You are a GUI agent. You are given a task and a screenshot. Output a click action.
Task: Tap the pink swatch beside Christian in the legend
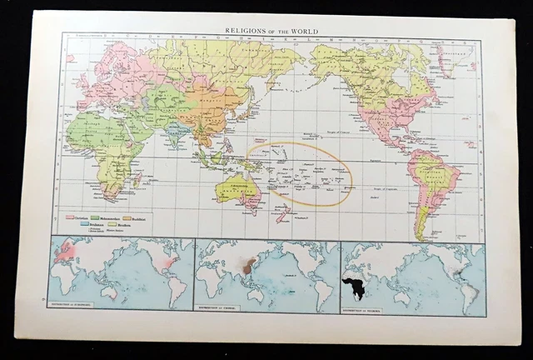71,216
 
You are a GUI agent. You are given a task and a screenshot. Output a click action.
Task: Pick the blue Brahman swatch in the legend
71,222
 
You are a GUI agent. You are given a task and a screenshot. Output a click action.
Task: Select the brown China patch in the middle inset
247,268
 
